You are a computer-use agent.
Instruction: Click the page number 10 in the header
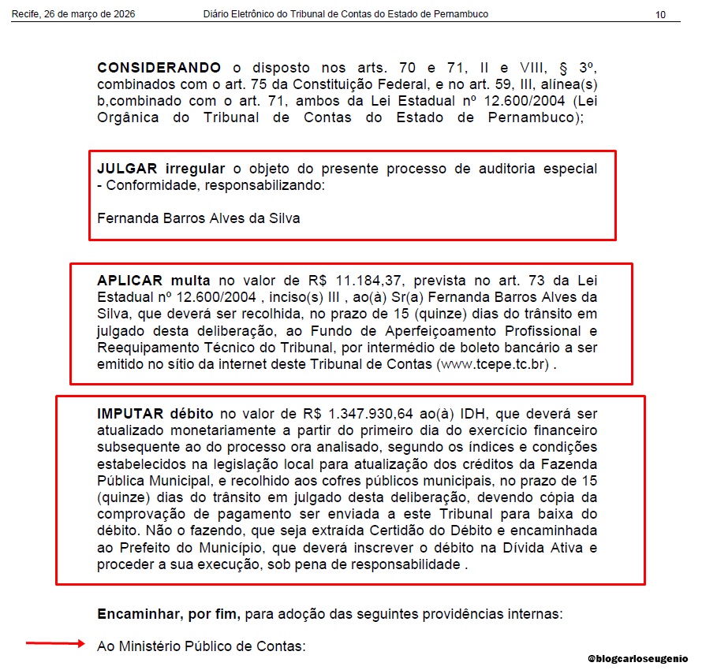click(x=660, y=15)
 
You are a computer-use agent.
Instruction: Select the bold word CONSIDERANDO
click(x=159, y=69)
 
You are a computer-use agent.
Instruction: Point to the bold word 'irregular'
click(x=194, y=169)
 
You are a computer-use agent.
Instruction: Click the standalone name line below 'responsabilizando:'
click(x=198, y=218)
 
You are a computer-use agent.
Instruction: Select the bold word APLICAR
click(x=130, y=281)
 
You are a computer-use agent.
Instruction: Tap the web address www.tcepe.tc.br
click(x=493, y=365)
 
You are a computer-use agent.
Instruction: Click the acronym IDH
click(x=453, y=414)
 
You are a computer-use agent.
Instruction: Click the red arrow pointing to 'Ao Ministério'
click(x=55, y=644)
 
